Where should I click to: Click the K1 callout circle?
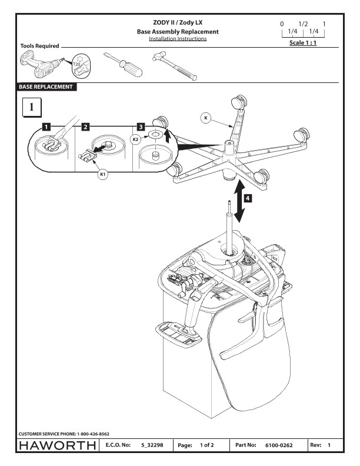[x=103, y=175]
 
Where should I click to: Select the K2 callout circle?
[x=135, y=139]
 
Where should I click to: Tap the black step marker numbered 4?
[x=248, y=198]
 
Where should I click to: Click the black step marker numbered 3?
[x=140, y=127]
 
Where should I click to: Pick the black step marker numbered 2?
[x=85, y=127]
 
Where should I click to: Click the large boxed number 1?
[x=32, y=108]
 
